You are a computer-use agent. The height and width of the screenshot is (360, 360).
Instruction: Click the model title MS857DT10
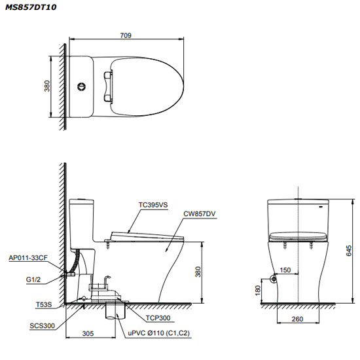point(31,7)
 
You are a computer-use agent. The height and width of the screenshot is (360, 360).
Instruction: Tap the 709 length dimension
point(126,35)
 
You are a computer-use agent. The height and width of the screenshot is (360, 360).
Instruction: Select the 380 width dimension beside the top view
point(47,86)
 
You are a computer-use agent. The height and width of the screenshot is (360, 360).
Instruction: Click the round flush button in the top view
point(81,86)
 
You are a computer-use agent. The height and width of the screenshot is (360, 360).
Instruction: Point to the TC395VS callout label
point(153,205)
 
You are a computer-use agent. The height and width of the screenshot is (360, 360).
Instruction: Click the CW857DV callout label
point(200,214)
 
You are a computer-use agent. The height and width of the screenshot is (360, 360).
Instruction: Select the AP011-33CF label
point(28,258)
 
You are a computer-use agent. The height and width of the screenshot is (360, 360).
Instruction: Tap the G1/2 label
point(33,279)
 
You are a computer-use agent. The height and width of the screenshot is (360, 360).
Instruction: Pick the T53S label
point(44,304)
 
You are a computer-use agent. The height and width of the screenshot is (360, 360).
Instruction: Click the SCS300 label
point(43,325)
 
